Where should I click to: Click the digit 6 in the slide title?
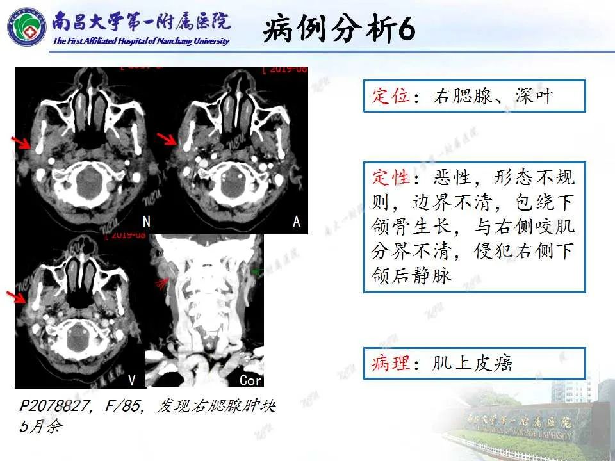point(406,29)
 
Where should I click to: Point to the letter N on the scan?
point(147,222)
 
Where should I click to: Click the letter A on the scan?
point(296,222)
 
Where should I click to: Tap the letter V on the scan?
point(132,380)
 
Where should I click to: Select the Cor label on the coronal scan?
point(250,380)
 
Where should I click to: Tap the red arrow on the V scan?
point(17,296)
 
